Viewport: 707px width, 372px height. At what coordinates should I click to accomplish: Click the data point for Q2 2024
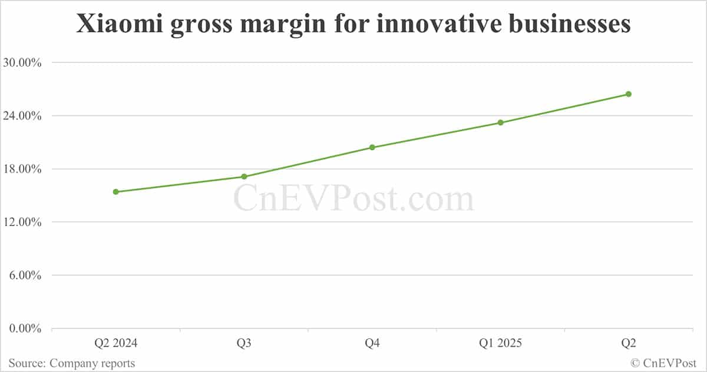point(116,192)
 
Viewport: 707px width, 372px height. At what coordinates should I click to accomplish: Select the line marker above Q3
point(244,177)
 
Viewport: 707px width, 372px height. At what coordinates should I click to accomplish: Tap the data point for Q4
point(372,147)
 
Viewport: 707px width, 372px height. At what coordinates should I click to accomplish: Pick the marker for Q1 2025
point(500,122)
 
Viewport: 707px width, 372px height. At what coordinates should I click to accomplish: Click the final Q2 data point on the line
point(629,94)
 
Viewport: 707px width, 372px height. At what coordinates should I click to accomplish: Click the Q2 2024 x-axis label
point(116,344)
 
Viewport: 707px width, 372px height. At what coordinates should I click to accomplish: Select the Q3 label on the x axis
point(244,344)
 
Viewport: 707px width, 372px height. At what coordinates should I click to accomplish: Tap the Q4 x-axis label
point(372,344)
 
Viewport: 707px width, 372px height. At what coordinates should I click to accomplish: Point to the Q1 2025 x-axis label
point(500,344)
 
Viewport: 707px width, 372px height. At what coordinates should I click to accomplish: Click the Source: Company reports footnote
point(71,363)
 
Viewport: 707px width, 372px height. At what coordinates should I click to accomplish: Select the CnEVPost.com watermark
point(353,199)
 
